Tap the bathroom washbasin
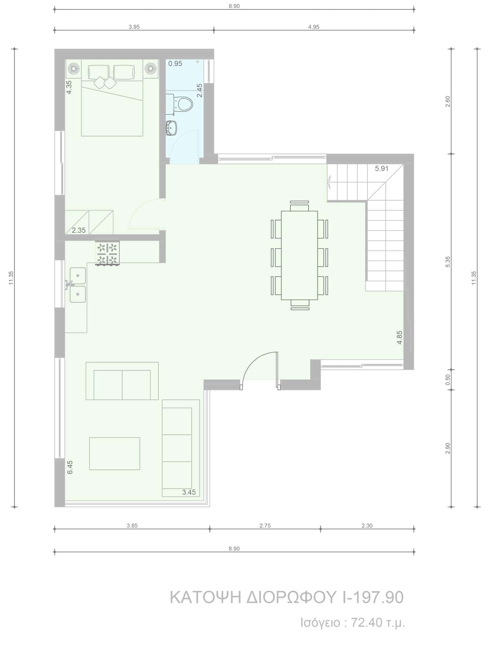click(171, 128)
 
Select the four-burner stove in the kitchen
click(107, 253)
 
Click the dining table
click(299, 255)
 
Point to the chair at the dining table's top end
click(299, 206)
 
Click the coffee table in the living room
click(114, 454)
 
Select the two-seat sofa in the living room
click(122, 381)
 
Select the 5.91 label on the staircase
click(382, 168)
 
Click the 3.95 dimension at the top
click(134, 27)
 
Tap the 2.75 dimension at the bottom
click(265, 525)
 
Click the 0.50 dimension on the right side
click(448, 380)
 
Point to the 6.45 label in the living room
click(70, 467)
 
